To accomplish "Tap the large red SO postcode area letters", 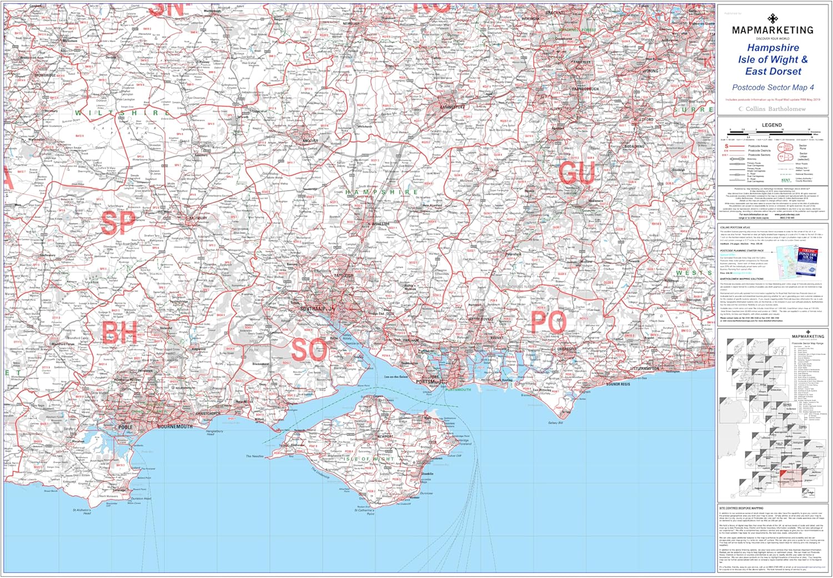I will pyautogui.click(x=310, y=350).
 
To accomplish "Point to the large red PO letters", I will pyautogui.click(x=548, y=322).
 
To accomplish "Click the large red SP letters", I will pyautogui.click(x=118, y=223).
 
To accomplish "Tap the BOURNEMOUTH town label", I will pyautogui.click(x=175, y=426).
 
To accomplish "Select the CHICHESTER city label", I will pyautogui.click(x=567, y=349).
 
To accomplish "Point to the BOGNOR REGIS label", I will pyautogui.click(x=618, y=384).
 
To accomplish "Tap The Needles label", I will pyautogui.click(x=255, y=456).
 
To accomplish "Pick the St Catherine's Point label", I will pyautogui.click(x=364, y=512).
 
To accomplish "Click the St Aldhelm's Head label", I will pyautogui.click(x=82, y=511).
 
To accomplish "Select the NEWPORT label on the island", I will pyautogui.click(x=385, y=436).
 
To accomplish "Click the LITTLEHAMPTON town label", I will pyautogui.click(x=645, y=368).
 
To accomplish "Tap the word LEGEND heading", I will pyautogui.click(x=771, y=125).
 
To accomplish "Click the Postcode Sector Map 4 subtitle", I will pyautogui.click(x=772, y=87).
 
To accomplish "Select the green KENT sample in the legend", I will pyautogui.click(x=786, y=180).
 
